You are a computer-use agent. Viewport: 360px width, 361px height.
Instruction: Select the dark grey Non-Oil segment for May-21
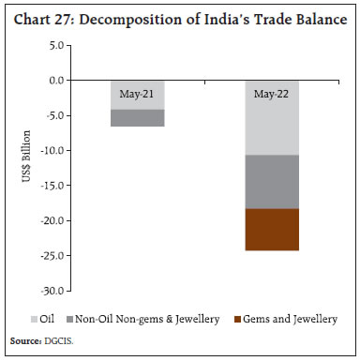[x=138, y=118]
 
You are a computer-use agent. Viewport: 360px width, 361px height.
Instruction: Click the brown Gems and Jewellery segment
[x=273, y=230]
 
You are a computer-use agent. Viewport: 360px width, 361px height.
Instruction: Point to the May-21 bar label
[x=138, y=94]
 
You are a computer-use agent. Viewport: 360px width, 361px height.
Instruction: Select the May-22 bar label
[x=273, y=94]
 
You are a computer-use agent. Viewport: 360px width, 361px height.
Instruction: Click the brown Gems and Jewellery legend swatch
[x=235, y=320]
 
